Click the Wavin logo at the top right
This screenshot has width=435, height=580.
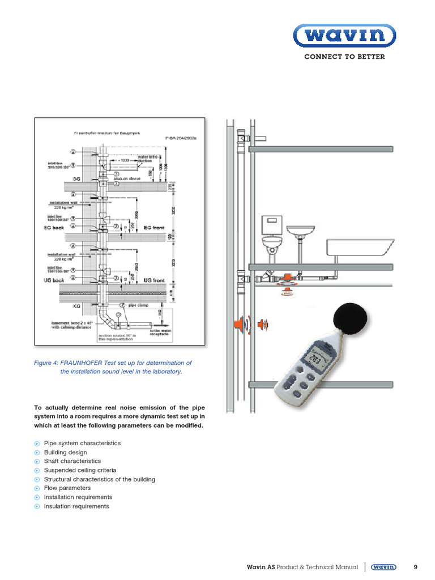coord(344,37)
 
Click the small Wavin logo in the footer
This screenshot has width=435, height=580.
coord(384,566)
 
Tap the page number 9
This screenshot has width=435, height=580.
coord(416,566)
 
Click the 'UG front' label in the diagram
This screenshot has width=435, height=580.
coord(153,280)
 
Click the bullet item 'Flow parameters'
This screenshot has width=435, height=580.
coord(67,488)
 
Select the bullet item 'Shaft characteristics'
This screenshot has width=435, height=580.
coord(72,461)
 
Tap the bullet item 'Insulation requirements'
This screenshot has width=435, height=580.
coord(76,506)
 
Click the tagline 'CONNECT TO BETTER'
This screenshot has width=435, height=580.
coord(344,57)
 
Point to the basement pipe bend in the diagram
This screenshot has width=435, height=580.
coord(106,318)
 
